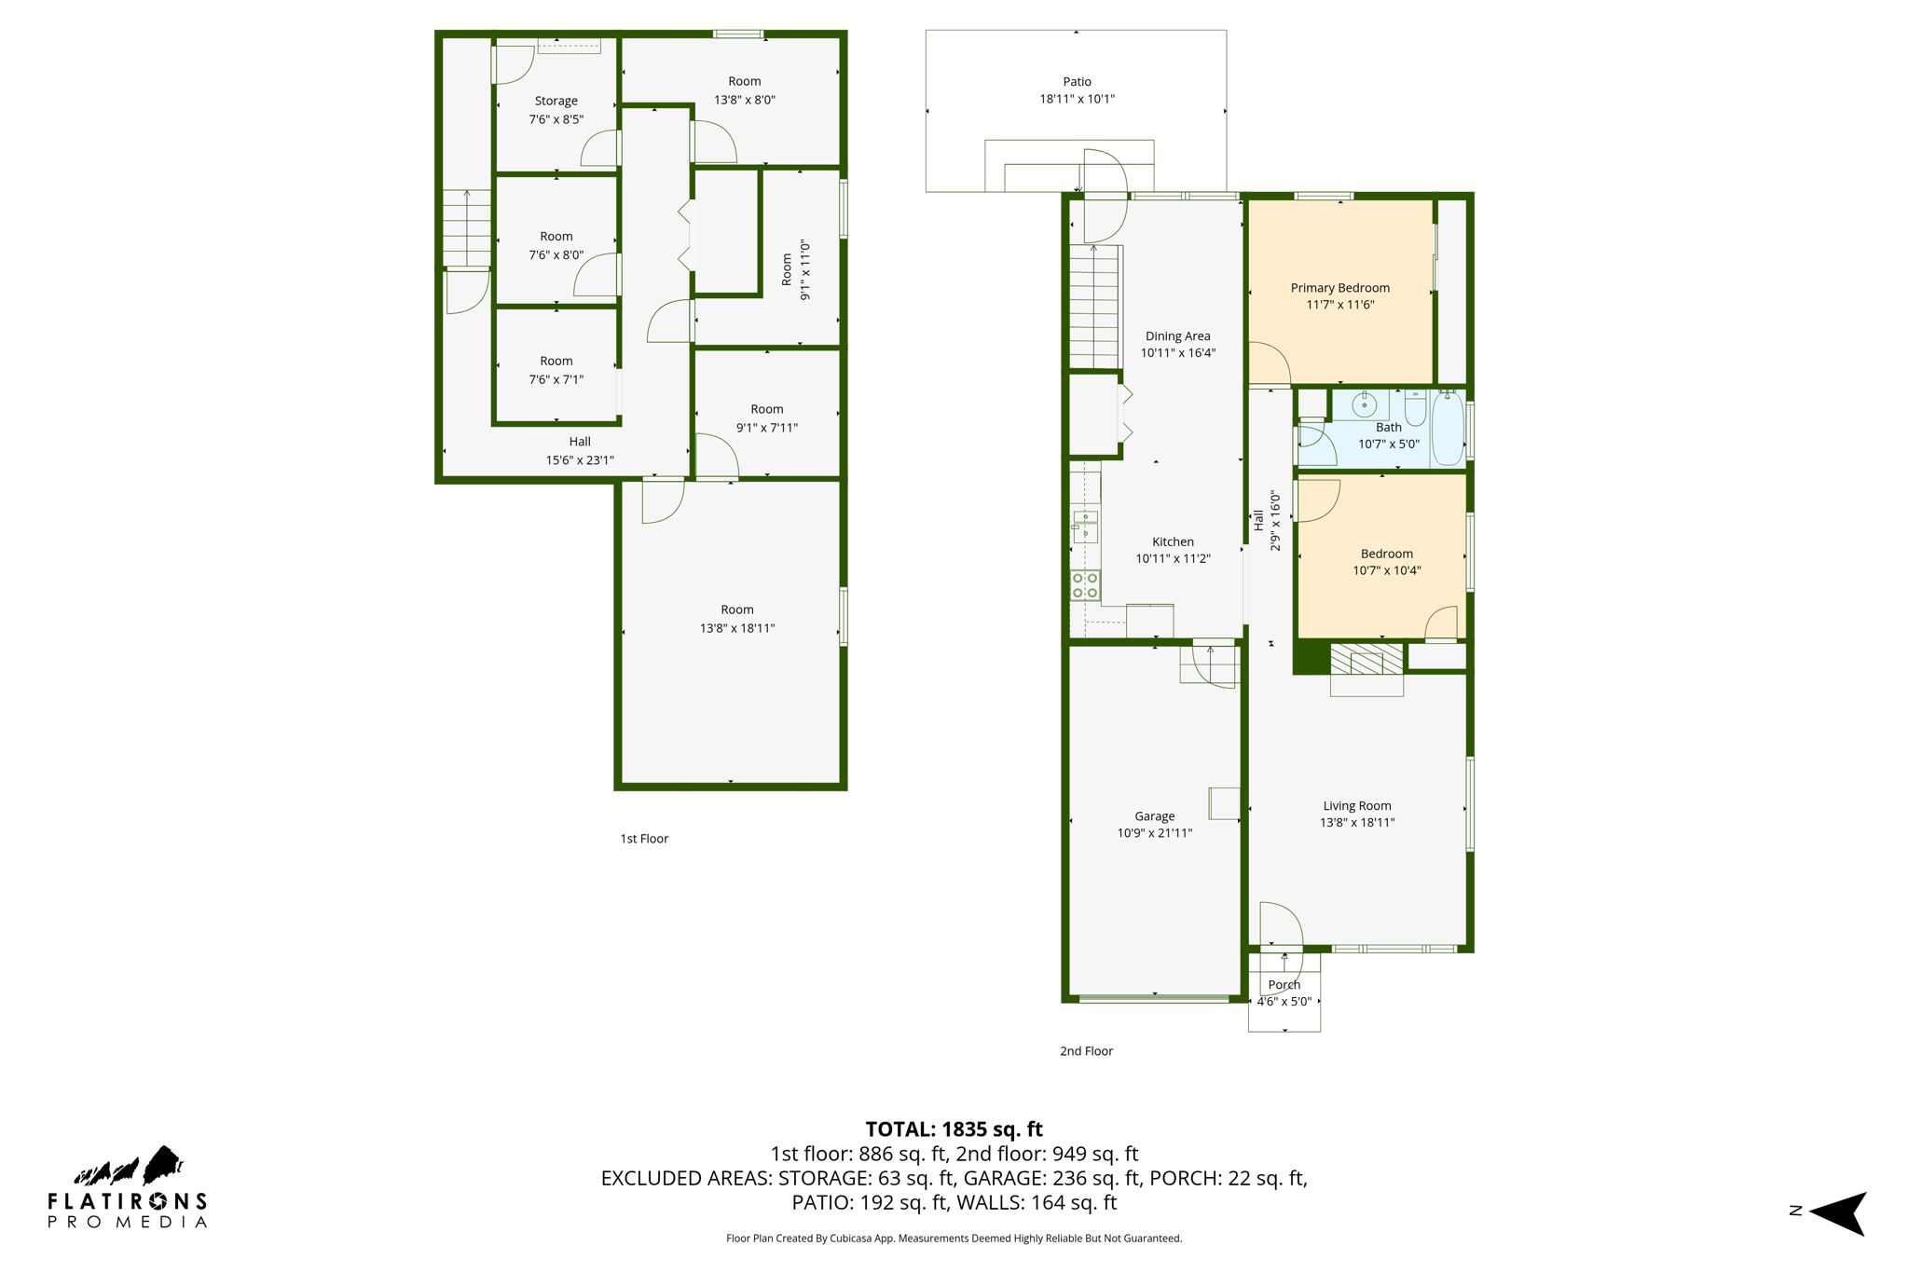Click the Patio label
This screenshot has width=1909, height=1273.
pos(1077,82)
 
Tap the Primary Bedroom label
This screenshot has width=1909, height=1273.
pos(1339,288)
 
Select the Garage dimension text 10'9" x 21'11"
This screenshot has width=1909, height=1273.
pos(1154,833)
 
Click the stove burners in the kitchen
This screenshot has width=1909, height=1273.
pos(1085,585)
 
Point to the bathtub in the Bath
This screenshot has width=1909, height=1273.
pos(1448,429)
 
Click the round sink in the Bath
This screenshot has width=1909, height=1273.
pos(1364,404)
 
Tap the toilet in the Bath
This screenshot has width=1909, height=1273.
pos(1415,407)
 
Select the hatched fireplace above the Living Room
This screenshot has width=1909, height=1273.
pos(1366,659)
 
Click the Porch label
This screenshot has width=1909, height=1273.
pos(1284,985)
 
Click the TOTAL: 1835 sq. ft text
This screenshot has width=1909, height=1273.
pos(954,1129)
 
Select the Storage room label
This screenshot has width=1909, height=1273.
pos(556,101)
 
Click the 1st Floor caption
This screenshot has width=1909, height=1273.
pos(644,839)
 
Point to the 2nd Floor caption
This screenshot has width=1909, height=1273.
pos(1086,1051)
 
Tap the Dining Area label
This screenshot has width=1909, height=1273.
pos(1177,336)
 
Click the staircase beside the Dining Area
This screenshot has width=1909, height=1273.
pos(1093,308)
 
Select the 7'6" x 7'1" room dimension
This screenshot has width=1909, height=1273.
pos(556,379)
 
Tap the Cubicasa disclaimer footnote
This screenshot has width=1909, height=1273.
pos(954,1239)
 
